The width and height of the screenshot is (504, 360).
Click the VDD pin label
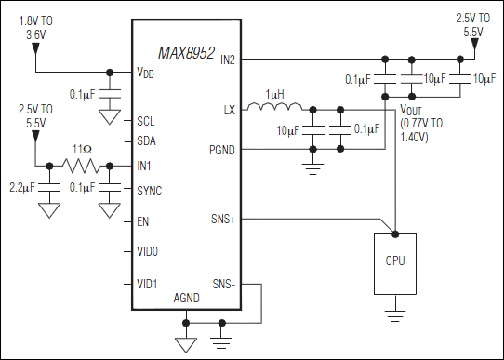pyautogui.click(x=146, y=73)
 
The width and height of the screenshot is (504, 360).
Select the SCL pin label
pyautogui.click(x=146, y=121)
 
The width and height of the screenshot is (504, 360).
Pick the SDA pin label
pyautogui.click(x=146, y=142)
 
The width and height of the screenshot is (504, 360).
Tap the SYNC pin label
pyautogui.click(x=150, y=190)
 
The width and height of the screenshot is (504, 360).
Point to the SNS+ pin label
pyautogui.click(x=224, y=220)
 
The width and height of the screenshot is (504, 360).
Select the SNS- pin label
pyautogui.click(x=224, y=283)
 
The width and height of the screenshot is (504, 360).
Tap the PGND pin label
pyautogui.click(x=223, y=150)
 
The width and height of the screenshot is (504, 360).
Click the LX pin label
pyautogui.click(x=230, y=109)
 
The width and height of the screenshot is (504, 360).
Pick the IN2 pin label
pyautogui.click(x=227, y=60)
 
